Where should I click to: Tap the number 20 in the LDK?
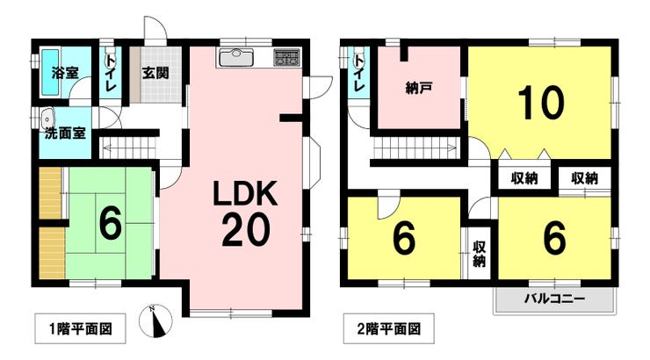coord(243,232)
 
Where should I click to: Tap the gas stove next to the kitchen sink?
coord(286,57)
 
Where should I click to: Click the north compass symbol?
coord(155,321)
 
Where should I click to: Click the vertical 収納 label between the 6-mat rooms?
coord(479,254)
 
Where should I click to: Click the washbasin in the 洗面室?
coord(47,119)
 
